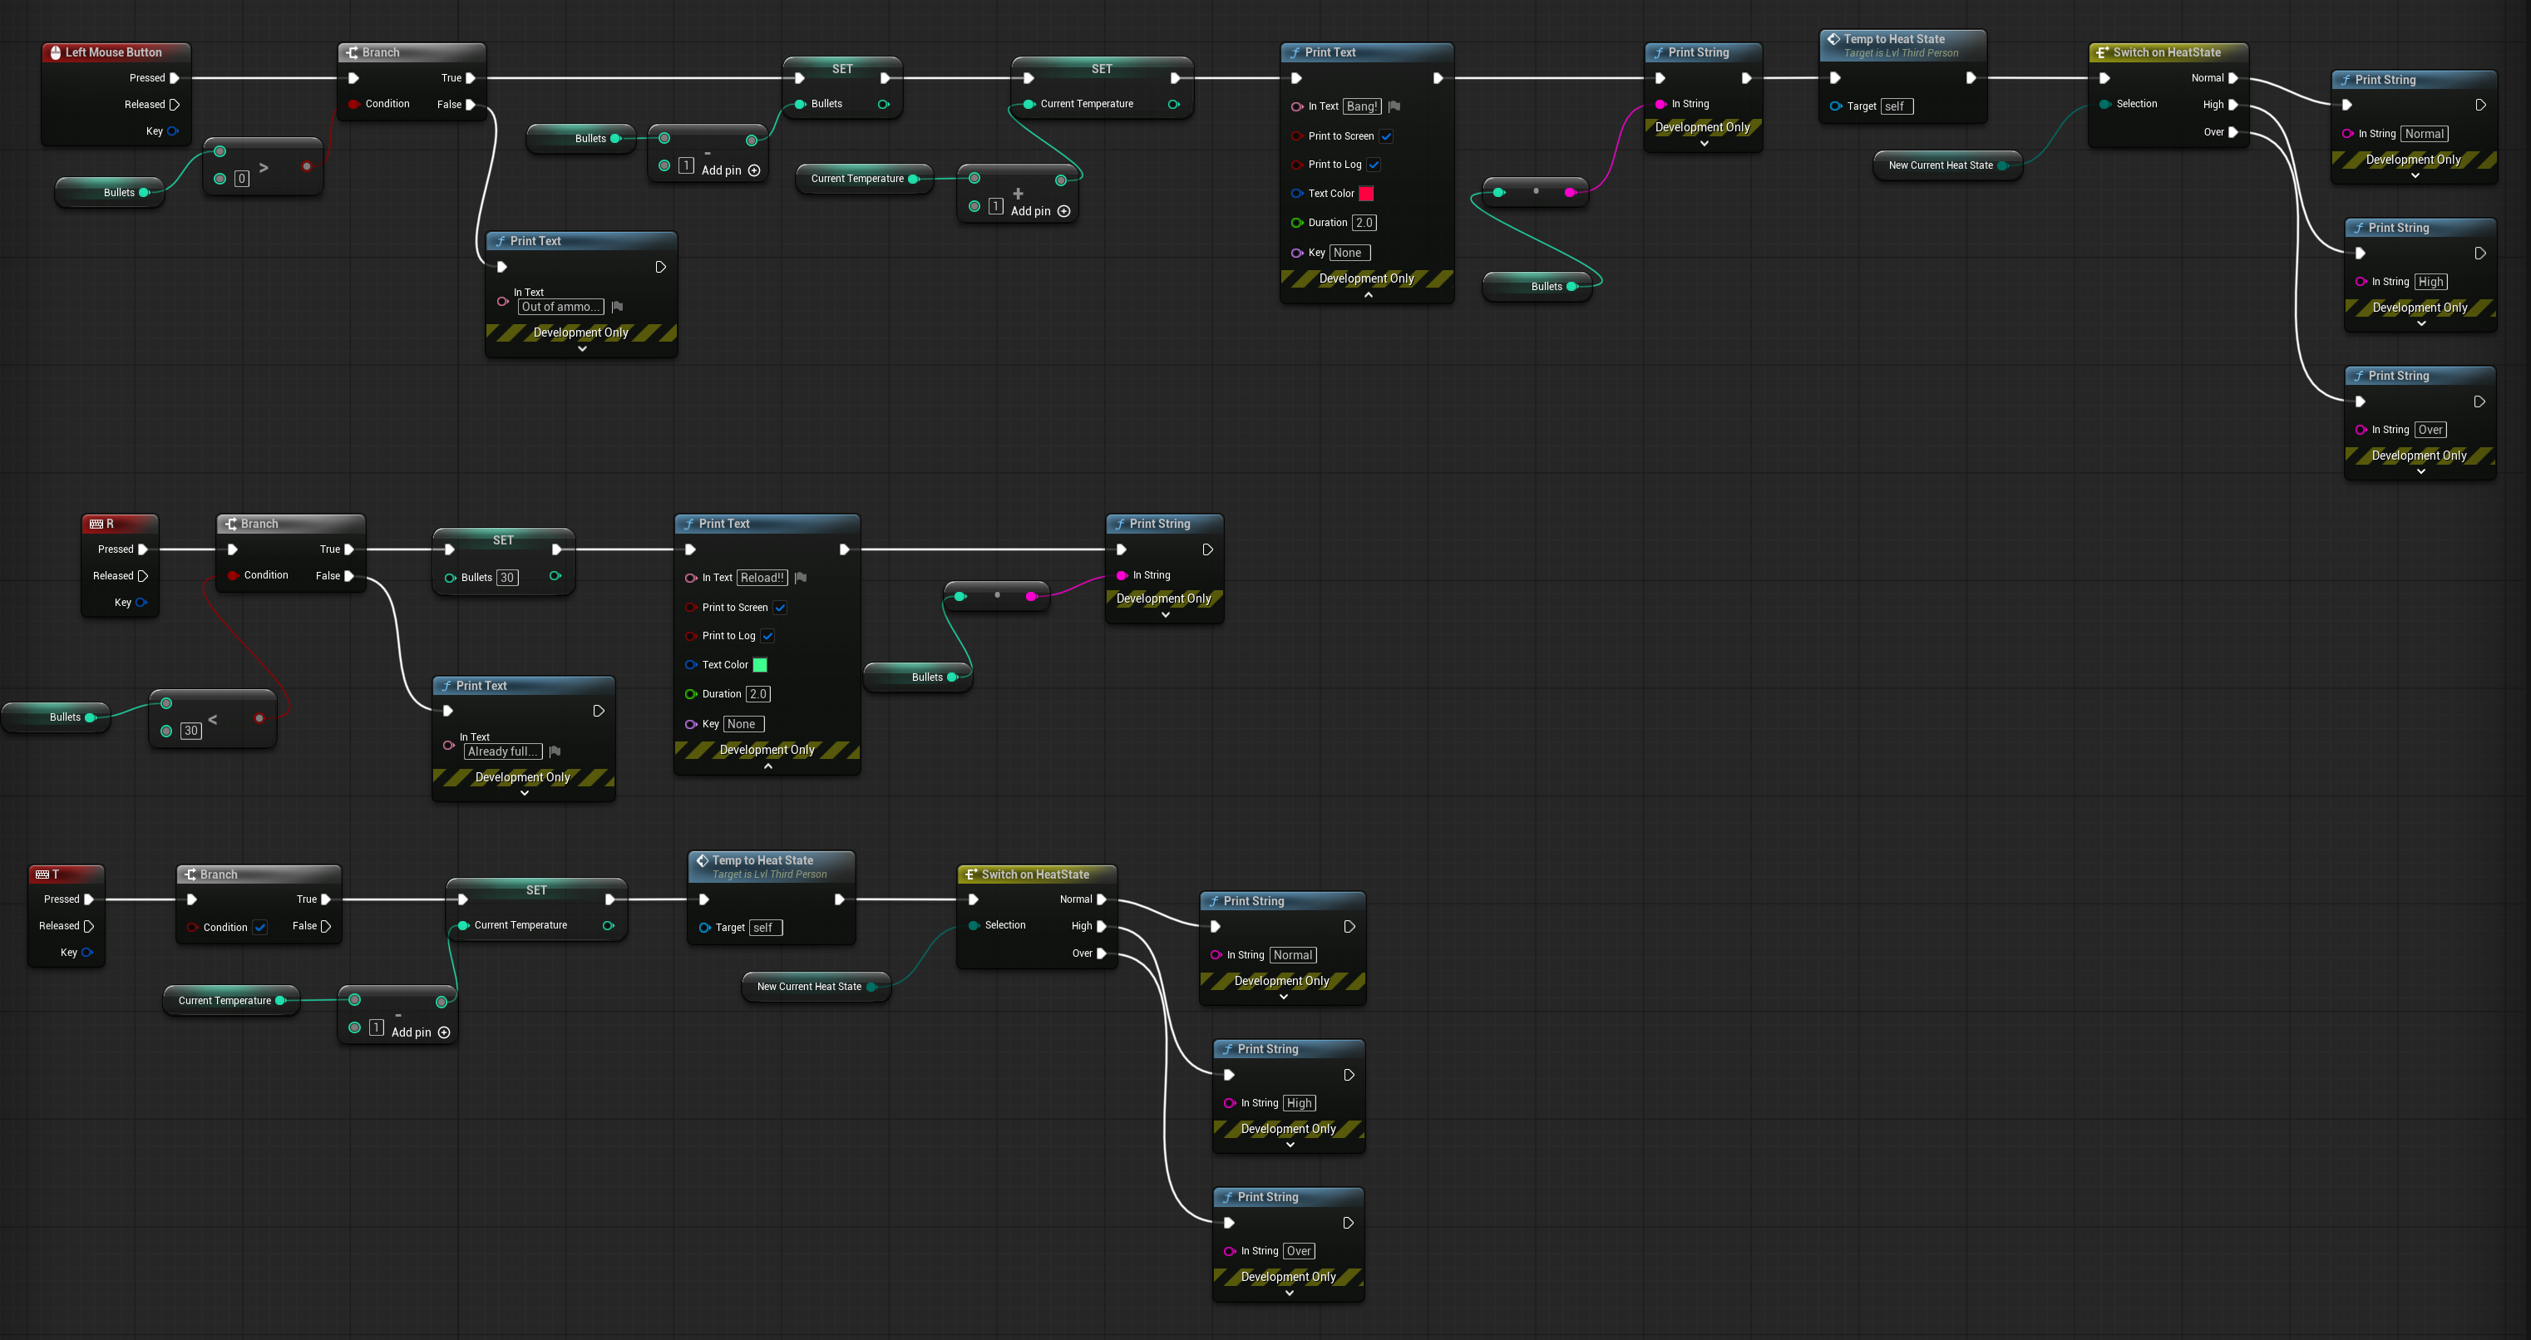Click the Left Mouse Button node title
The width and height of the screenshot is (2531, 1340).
coord(114,52)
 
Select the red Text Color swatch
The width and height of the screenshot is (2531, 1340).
coord(1366,194)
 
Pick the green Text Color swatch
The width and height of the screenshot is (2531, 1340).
coord(759,665)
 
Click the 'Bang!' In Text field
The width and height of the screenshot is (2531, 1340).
coord(1362,106)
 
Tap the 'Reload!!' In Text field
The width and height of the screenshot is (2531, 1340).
coord(762,578)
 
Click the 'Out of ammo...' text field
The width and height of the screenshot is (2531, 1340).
coord(560,307)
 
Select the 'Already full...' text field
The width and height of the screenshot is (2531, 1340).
coord(503,751)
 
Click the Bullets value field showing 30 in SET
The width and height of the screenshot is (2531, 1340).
coord(507,578)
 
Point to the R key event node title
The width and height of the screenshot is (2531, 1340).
coord(110,524)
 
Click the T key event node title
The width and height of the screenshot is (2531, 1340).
coord(56,874)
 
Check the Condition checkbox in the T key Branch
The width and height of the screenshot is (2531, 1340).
coord(260,928)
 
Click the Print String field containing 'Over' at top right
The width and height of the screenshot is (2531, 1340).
coord(2430,429)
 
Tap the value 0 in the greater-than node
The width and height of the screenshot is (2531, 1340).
coord(241,179)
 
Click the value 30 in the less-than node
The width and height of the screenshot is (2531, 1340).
coord(190,731)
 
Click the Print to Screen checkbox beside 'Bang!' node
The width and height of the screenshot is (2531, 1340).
coord(1386,136)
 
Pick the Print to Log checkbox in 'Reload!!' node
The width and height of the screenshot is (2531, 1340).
coord(768,637)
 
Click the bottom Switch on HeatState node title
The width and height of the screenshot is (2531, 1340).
coord(1035,874)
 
